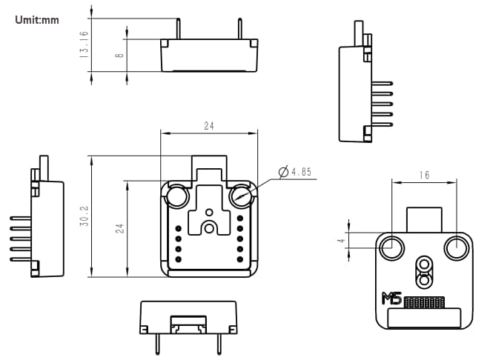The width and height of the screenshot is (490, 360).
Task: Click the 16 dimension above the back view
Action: tap(423, 176)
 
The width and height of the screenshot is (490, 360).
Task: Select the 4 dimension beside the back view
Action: tap(340, 240)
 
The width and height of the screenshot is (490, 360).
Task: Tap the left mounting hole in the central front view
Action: tap(178, 197)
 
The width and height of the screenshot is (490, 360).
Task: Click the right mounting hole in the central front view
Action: tap(240, 197)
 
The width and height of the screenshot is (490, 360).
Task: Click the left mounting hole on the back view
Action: tap(391, 247)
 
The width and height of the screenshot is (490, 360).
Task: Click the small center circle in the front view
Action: tap(209, 227)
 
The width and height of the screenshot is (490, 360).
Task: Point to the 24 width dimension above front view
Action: tap(209, 127)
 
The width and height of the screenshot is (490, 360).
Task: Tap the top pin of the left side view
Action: tap(21, 218)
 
